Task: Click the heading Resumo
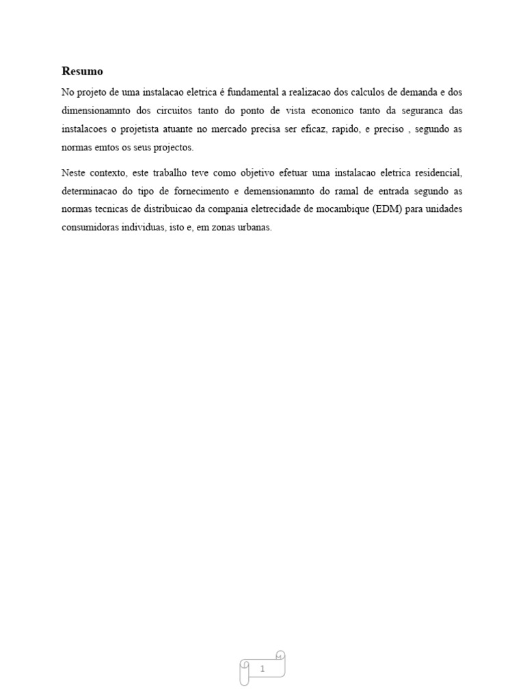coord(82,71)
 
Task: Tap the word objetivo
coord(256,173)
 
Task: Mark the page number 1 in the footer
coord(262,669)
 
